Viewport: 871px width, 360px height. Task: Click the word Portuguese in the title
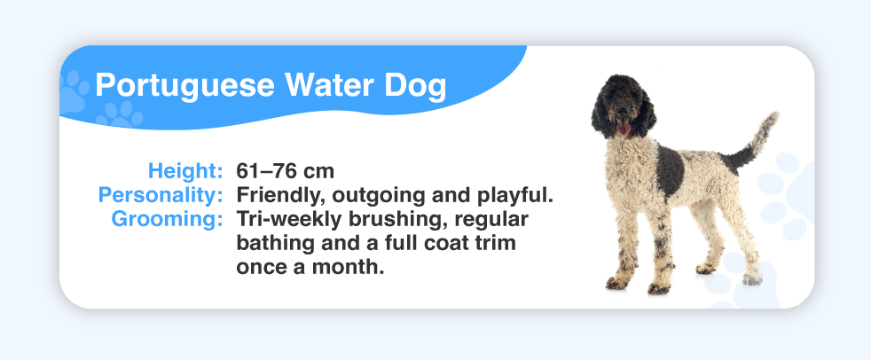[185, 86]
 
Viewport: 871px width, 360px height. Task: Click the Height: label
[185, 170]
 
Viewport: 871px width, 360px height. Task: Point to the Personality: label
[161, 196]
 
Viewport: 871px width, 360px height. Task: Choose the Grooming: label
[168, 219]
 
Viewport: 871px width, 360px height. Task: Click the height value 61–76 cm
[285, 171]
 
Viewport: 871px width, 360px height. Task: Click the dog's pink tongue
[624, 129]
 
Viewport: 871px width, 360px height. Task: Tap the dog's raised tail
[753, 142]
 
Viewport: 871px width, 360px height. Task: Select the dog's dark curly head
[622, 106]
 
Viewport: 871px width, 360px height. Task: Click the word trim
[498, 243]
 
